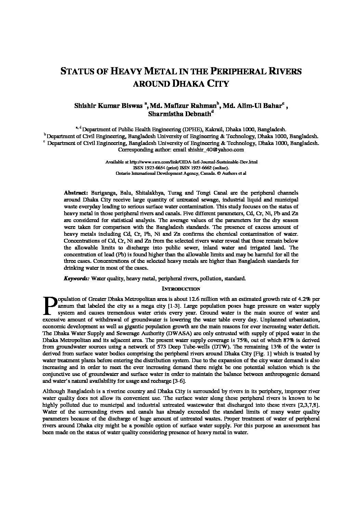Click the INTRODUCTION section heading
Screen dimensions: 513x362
point(181,289)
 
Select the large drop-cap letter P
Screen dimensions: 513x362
point(50,305)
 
